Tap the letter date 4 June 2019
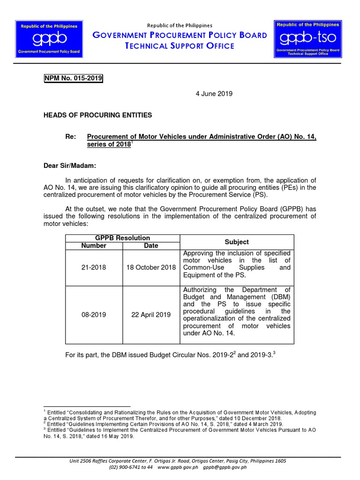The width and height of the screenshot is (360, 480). click(x=214, y=94)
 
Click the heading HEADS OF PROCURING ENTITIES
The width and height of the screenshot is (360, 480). click(x=97, y=115)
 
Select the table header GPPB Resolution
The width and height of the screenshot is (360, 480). click(x=122, y=238)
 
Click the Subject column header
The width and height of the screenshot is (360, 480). click(x=237, y=242)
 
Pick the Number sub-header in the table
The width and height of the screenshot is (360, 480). click(x=94, y=246)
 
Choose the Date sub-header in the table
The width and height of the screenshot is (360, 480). click(x=151, y=246)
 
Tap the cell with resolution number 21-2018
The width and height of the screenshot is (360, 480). click(x=94, y=268)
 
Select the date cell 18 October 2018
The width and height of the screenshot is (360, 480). click(x=151, y=268)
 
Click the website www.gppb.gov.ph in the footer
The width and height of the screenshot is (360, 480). click(x=178, y=467)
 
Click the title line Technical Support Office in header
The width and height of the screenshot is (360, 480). click(x=180, y=46)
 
